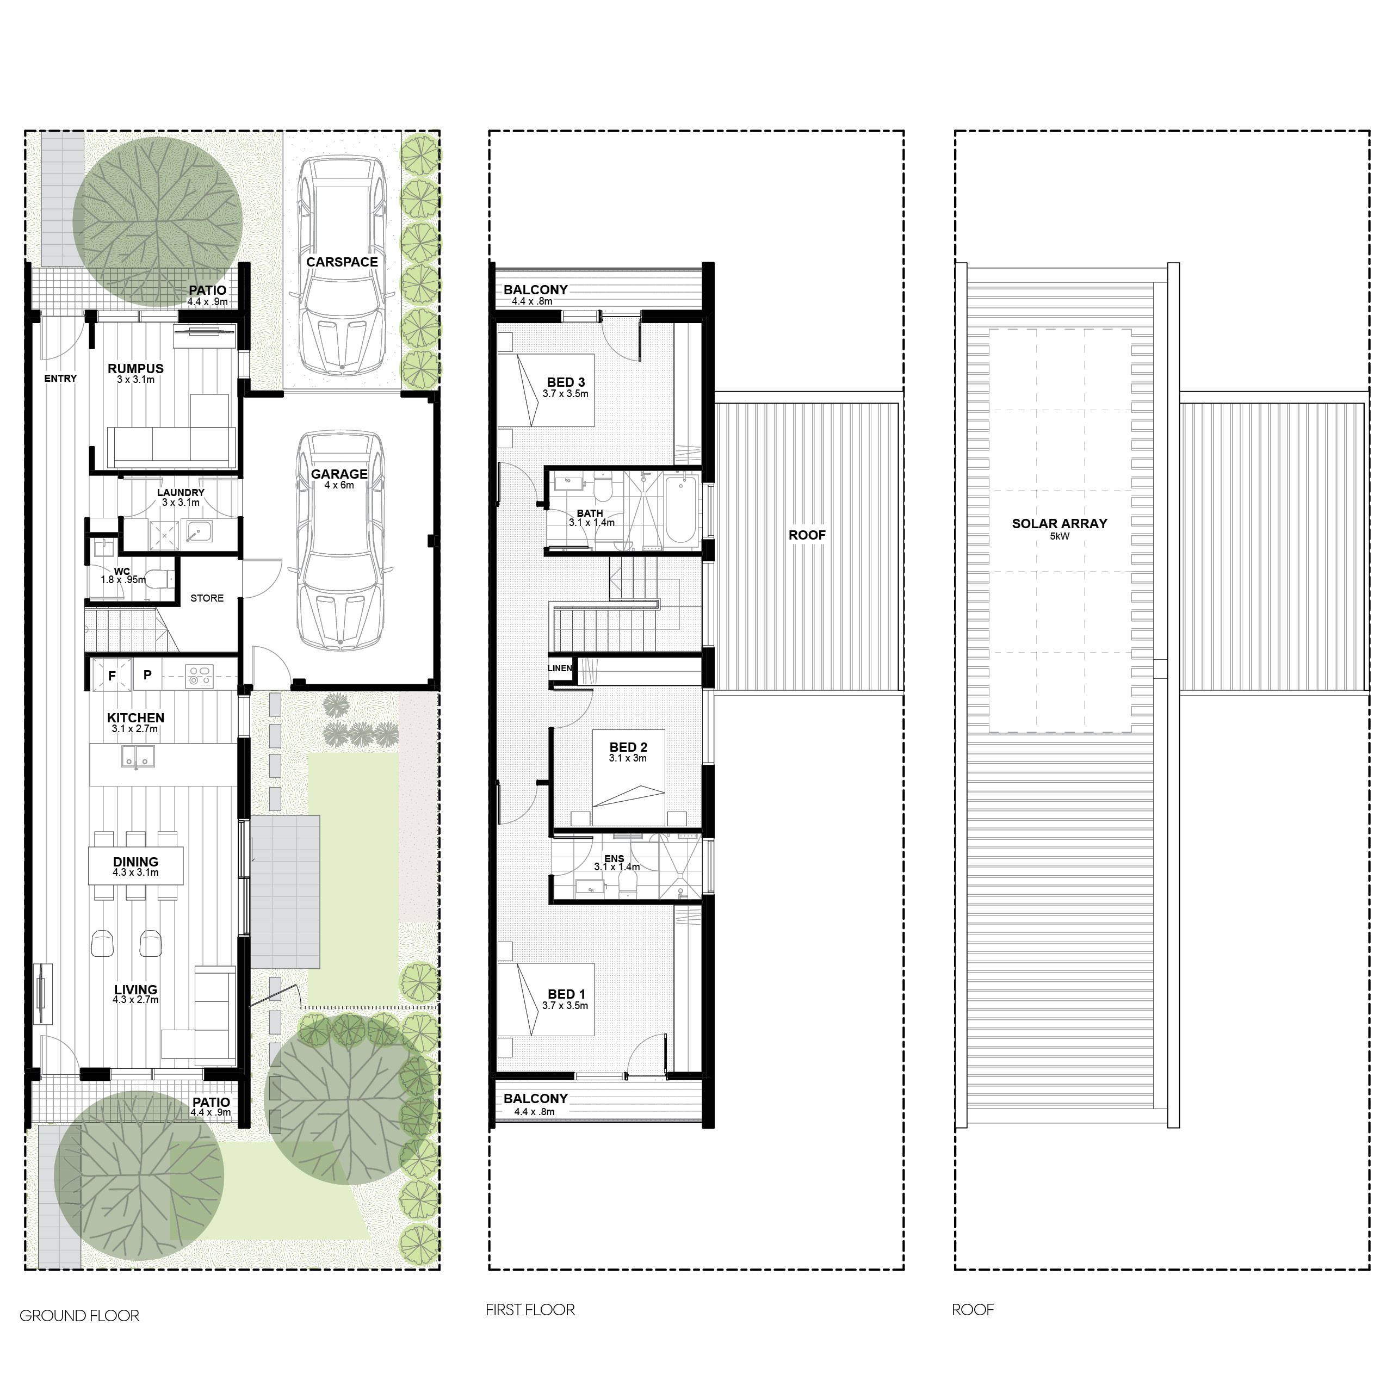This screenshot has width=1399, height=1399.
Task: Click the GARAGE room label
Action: (339, 474)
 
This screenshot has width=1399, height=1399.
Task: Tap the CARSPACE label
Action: (342, 262)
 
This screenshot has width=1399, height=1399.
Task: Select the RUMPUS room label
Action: (135, 369)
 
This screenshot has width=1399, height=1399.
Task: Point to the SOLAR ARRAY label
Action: (1060, 524)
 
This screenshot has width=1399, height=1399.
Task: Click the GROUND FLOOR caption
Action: (79, 1316)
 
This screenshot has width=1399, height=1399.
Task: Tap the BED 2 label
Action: (628, 747)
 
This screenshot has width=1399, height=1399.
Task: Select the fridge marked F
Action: (112, 675)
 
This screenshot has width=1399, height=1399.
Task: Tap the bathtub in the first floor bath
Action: (680, 510)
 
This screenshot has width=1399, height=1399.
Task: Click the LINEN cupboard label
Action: (560, 668)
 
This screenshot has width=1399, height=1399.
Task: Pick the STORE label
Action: (207, 598)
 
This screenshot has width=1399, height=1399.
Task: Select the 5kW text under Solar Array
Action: (1060, 536)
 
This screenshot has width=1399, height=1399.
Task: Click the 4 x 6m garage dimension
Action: (339, 485)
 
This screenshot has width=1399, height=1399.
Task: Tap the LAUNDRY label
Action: (181, 492)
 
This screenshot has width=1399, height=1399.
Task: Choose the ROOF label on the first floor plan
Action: (807, 535)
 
